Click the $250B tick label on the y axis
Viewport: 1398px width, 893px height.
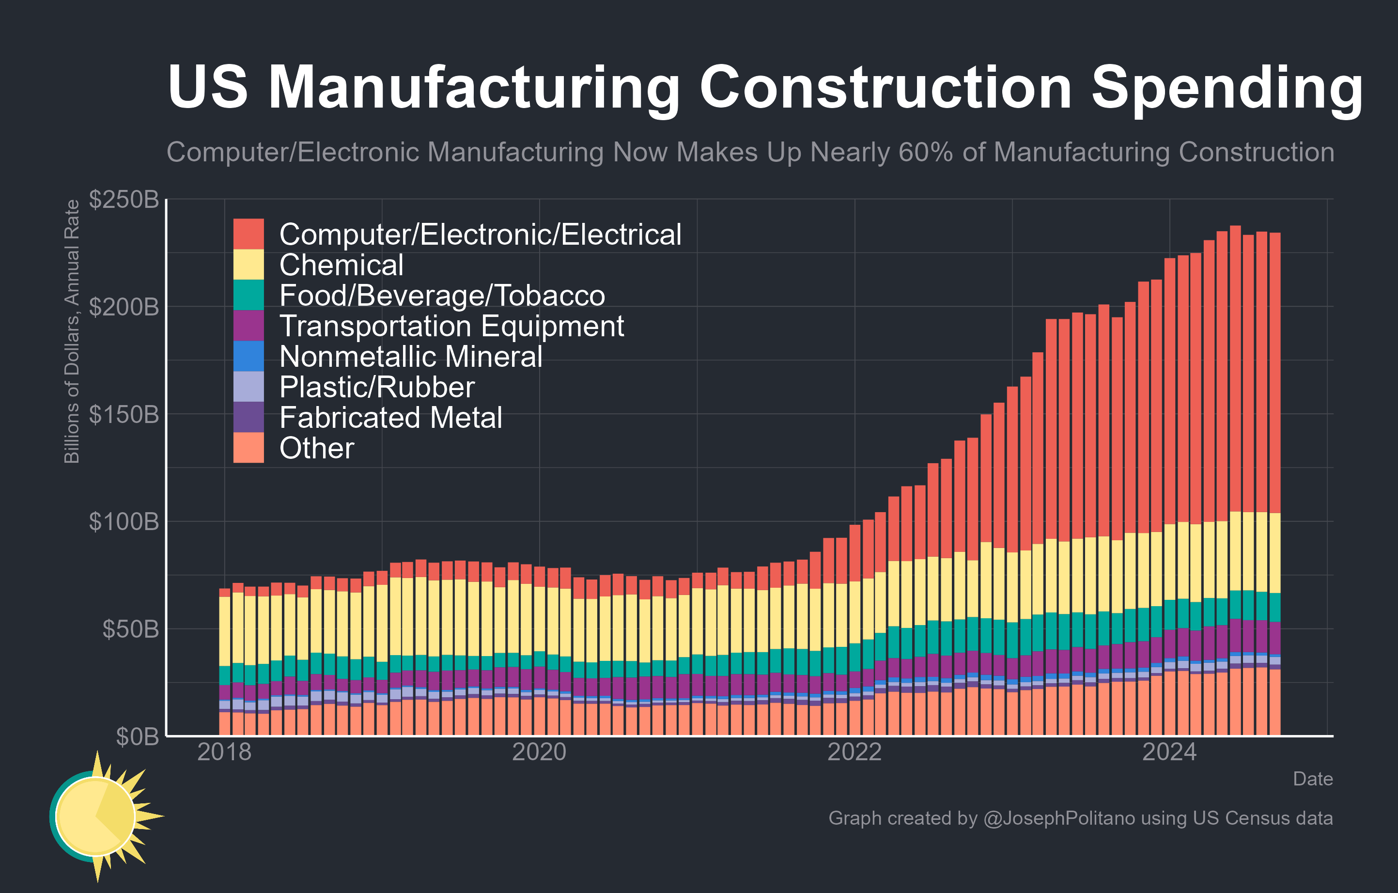coord(124,200)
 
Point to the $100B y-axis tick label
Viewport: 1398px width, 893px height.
coord(124,521)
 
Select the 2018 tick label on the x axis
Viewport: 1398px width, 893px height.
coord(224,752)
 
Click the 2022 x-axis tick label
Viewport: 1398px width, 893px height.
coord(854,752)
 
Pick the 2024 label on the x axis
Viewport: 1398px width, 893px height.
coord(1169,752)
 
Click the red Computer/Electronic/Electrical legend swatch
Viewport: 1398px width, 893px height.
coord(249,234)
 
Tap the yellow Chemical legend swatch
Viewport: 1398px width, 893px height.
coord(249,265)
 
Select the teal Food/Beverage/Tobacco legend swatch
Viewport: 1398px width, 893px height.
coord(249,295)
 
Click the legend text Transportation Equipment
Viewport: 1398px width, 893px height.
coord(451,326)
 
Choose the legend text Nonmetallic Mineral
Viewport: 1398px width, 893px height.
coord(410,357)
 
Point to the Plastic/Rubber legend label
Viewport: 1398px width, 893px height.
coord(377,387)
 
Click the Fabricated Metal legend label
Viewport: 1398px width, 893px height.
coord(391,418)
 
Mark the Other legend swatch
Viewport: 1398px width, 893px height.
coord(249,448)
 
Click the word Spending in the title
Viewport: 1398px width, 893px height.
coord(1227,88)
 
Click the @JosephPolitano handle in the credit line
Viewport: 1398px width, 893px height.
coord(1059,818)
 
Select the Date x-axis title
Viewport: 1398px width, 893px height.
coord(1313,779)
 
